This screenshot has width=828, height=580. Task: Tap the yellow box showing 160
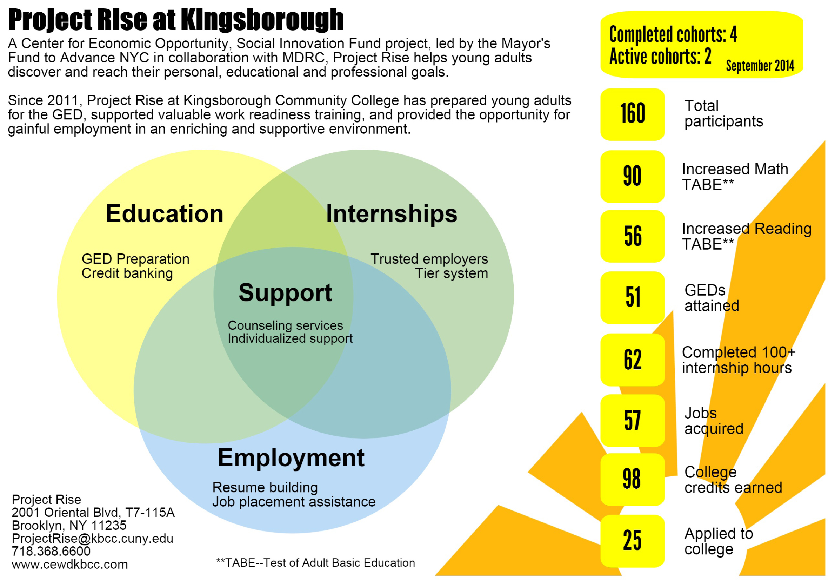coord(632,114)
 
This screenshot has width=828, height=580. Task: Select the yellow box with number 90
coord(632,177)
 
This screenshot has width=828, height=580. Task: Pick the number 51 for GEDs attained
coord(633,297)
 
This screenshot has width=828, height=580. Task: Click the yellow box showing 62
coord(632,360)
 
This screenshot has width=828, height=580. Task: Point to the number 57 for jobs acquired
coord(632,421)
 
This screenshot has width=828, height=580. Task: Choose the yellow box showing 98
coord(632,479)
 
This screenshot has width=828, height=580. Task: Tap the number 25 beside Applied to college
coord(632,541)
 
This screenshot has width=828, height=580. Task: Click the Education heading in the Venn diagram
coord(165,214)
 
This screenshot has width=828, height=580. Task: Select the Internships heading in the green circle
coord(391,214)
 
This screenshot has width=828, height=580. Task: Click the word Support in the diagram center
coord(285,292)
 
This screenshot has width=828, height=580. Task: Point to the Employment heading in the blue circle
coord(291,458)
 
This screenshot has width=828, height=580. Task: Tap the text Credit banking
coord(127,273)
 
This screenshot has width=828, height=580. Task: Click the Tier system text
coord(451,273)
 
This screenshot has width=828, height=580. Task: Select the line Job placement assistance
coord(294,502)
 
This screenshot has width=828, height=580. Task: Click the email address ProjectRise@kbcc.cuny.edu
coord(92,538)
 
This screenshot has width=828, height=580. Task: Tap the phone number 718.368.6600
coord(51,551)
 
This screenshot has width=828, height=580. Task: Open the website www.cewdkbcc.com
coord(69,564)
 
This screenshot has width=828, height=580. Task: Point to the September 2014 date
coord(760,66)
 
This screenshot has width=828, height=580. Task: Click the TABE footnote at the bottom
coord(315,563)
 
